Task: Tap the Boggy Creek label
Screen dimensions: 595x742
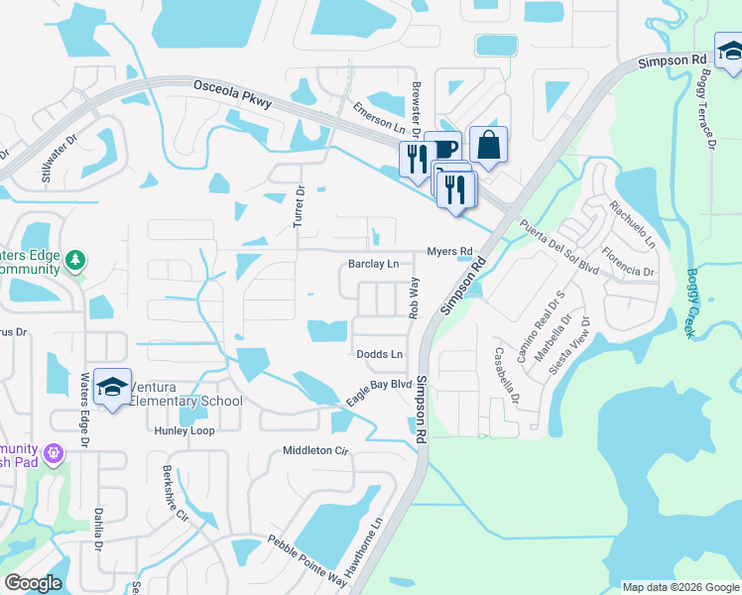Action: [691, 303]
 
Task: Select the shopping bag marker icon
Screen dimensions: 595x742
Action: [488, 146]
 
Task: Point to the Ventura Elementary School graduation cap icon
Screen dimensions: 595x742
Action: [113, 388]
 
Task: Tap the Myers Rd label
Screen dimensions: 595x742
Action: [449, 252]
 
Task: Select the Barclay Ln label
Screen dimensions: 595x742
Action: [373, 265]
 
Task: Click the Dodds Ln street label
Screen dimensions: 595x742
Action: [380, 354]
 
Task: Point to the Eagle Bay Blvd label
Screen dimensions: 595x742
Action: [378, 391]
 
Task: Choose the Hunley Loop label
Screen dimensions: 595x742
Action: [184, 431]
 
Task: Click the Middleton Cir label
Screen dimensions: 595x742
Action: [316, 450]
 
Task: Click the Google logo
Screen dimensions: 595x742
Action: [33, 582]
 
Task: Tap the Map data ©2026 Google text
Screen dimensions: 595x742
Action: [680, 587]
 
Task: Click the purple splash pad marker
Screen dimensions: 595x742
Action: [52, 454]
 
